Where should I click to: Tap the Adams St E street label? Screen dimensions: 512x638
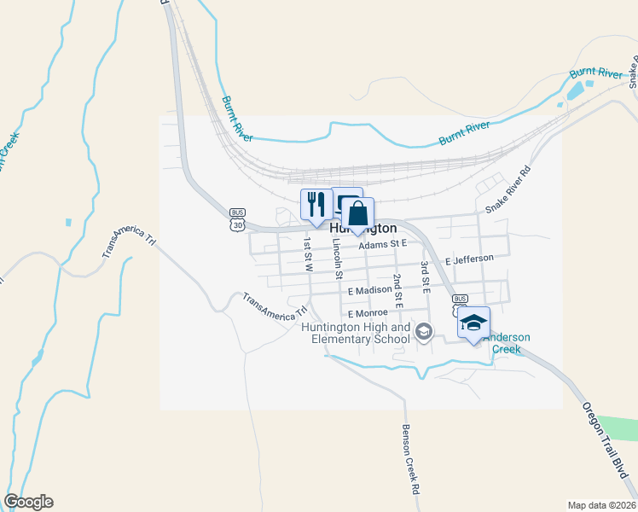384,244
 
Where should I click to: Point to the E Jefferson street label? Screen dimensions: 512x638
469,259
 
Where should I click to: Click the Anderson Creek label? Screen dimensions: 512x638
508,343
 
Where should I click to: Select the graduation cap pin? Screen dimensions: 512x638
473,323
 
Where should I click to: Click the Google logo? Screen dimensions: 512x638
29,502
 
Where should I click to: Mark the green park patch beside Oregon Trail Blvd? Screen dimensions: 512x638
619,428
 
